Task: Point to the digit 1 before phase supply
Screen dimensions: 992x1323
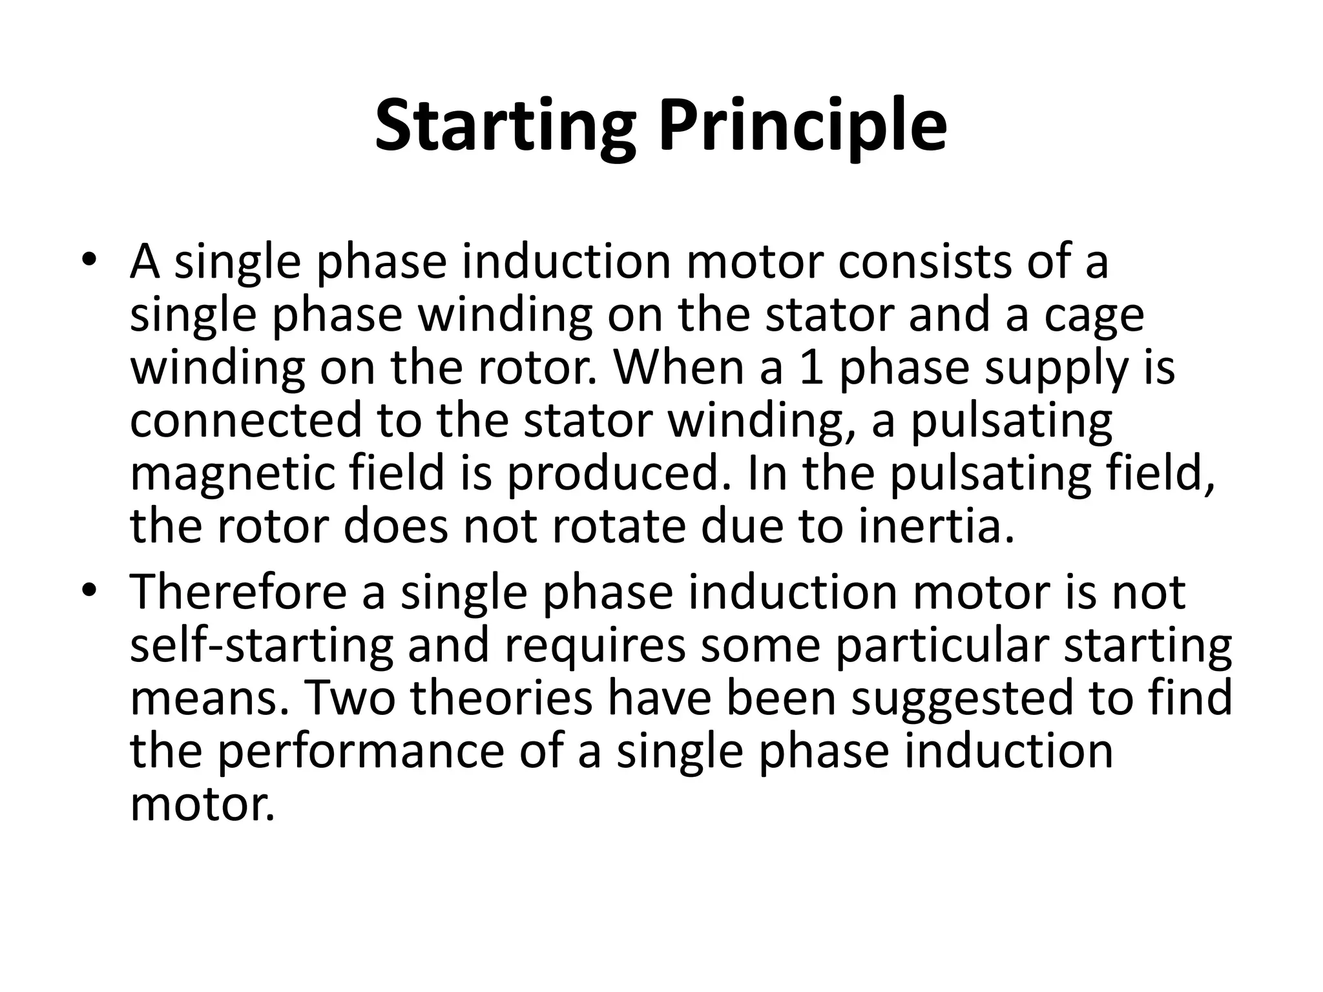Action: (811, 368)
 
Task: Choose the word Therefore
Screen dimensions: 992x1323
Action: (238, 593)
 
